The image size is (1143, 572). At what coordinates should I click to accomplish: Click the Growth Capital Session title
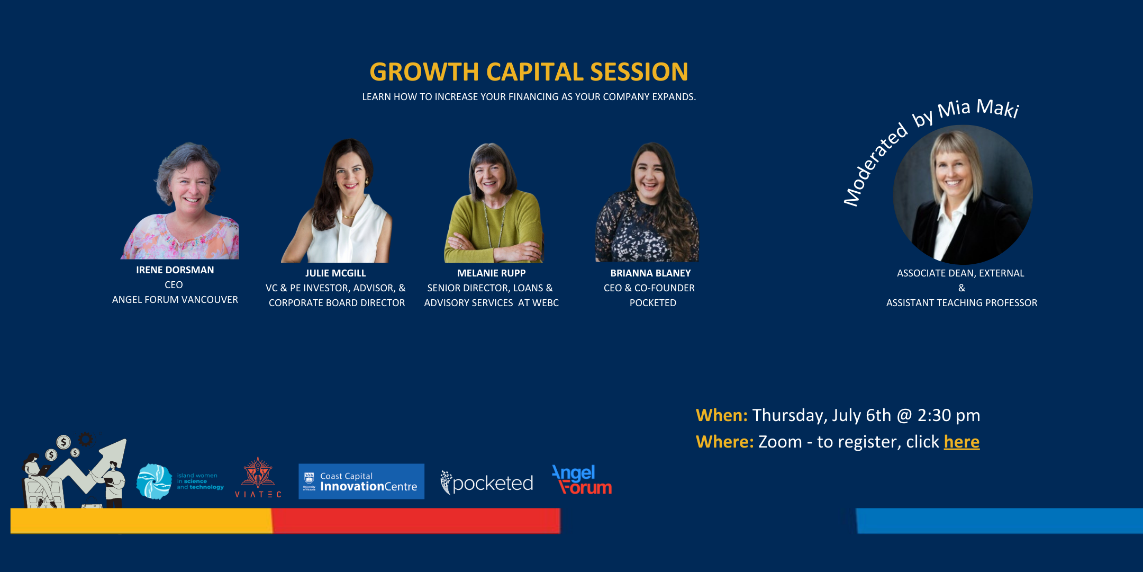[529, 72]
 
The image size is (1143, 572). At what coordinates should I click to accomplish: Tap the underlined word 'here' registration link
[961, 442]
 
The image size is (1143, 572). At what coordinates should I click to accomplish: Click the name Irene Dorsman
[175, 270]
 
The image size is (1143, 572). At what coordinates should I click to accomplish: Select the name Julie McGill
[335, 273]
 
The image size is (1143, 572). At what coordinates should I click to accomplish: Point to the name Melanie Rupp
[492, 273]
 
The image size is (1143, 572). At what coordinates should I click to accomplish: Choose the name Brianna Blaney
[650, 273]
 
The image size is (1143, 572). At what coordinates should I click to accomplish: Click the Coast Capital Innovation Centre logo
[361, 481]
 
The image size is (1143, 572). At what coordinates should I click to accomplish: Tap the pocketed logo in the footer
[487, 482]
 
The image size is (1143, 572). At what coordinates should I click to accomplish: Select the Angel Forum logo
[582, 479]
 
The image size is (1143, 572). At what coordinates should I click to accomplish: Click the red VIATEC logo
[258, 478]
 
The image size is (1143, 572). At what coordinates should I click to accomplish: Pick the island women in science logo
[180, 481]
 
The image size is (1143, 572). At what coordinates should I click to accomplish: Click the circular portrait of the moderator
[963, 194]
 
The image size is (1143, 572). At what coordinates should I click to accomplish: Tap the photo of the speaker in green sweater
[493, 203]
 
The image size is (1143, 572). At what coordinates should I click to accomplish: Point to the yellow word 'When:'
[722, 415]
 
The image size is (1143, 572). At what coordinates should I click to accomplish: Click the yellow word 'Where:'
[725, 442]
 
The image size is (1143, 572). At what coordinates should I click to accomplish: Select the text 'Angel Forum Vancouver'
[175, 300]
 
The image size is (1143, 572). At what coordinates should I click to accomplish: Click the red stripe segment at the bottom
[416, 521]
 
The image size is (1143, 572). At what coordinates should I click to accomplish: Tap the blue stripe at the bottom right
[1000, 521]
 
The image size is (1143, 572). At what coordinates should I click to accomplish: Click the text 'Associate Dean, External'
[960, 273]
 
